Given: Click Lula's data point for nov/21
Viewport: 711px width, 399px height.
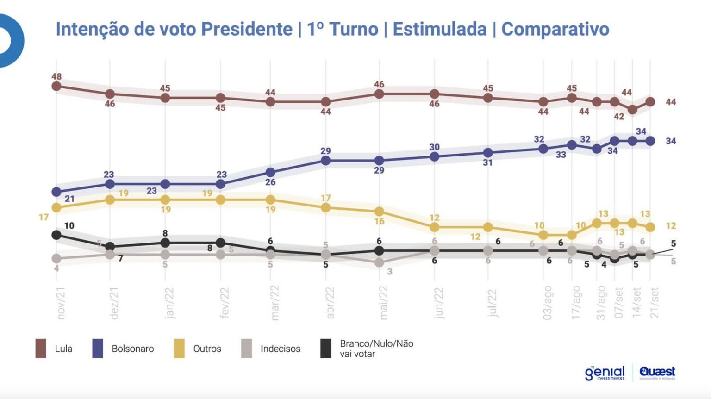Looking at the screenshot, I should (56, 86).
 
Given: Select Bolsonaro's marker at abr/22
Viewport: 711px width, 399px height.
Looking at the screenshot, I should (325, 161).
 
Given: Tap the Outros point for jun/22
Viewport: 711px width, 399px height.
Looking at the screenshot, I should (434, 227).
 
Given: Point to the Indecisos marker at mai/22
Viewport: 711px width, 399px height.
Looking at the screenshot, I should (379, 262).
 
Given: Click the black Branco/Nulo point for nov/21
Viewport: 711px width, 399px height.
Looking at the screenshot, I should (56, 235).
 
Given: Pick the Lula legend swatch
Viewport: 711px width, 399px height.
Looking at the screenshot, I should (41, 349).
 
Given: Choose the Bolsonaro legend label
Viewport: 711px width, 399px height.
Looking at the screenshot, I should (132, 349).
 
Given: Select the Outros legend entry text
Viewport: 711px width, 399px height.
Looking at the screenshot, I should (207, 349).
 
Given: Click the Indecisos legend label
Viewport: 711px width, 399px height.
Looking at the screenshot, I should (280, 349).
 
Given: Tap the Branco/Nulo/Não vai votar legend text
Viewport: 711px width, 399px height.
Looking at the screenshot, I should (376, 349).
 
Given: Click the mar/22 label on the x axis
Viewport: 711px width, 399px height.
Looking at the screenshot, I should (274, 303).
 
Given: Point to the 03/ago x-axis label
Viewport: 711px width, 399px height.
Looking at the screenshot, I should (548, 303).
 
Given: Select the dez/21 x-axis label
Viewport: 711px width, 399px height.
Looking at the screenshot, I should (114, 303).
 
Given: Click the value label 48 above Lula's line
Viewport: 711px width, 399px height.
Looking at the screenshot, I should (56, 76).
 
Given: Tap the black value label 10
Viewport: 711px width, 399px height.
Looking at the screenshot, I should (69, 225).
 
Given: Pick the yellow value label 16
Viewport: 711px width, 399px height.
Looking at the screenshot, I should (380, 221).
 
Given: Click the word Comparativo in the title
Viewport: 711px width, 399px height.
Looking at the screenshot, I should (555, 29).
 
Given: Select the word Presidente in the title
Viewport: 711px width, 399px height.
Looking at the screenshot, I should (246, 29).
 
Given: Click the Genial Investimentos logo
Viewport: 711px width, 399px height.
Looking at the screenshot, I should (605, 373).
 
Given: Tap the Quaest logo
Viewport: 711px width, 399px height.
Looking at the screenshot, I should (657, 372).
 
